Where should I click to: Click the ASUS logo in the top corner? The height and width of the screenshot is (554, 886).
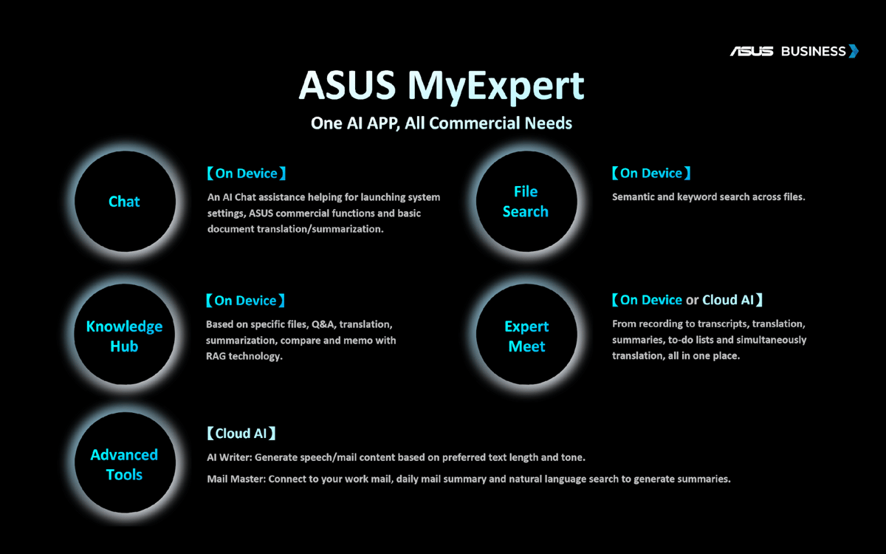click(x=752, y=52)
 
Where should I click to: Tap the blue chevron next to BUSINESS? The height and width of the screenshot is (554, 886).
click(x=854, y=51)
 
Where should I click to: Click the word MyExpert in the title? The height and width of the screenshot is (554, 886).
click(x=496, y=86)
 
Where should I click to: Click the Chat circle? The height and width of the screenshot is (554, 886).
click(x=125, y=202)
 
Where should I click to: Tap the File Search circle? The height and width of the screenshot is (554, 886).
click(x=526, y=202)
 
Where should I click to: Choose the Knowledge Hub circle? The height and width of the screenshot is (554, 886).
click(x=125, y=335)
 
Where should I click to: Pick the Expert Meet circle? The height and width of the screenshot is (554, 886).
click(x=526, y=335)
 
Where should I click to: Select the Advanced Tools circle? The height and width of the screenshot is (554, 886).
click(x=125, y=462)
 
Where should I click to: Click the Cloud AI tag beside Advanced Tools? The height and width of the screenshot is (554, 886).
click(x=241, y=434)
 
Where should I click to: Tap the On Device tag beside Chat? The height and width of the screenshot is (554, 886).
click(x=247, y=174)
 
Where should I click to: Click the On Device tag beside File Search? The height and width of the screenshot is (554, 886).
click(x=651, y=173)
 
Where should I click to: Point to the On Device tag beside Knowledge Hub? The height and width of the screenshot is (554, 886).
click(x=245, y=301)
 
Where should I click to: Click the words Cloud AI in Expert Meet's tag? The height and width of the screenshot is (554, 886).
click(x=728, y=300)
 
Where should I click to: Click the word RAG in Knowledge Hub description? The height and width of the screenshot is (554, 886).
click(x=216, y=356)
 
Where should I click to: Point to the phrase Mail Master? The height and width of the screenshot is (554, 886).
click(x=236, y=479)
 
